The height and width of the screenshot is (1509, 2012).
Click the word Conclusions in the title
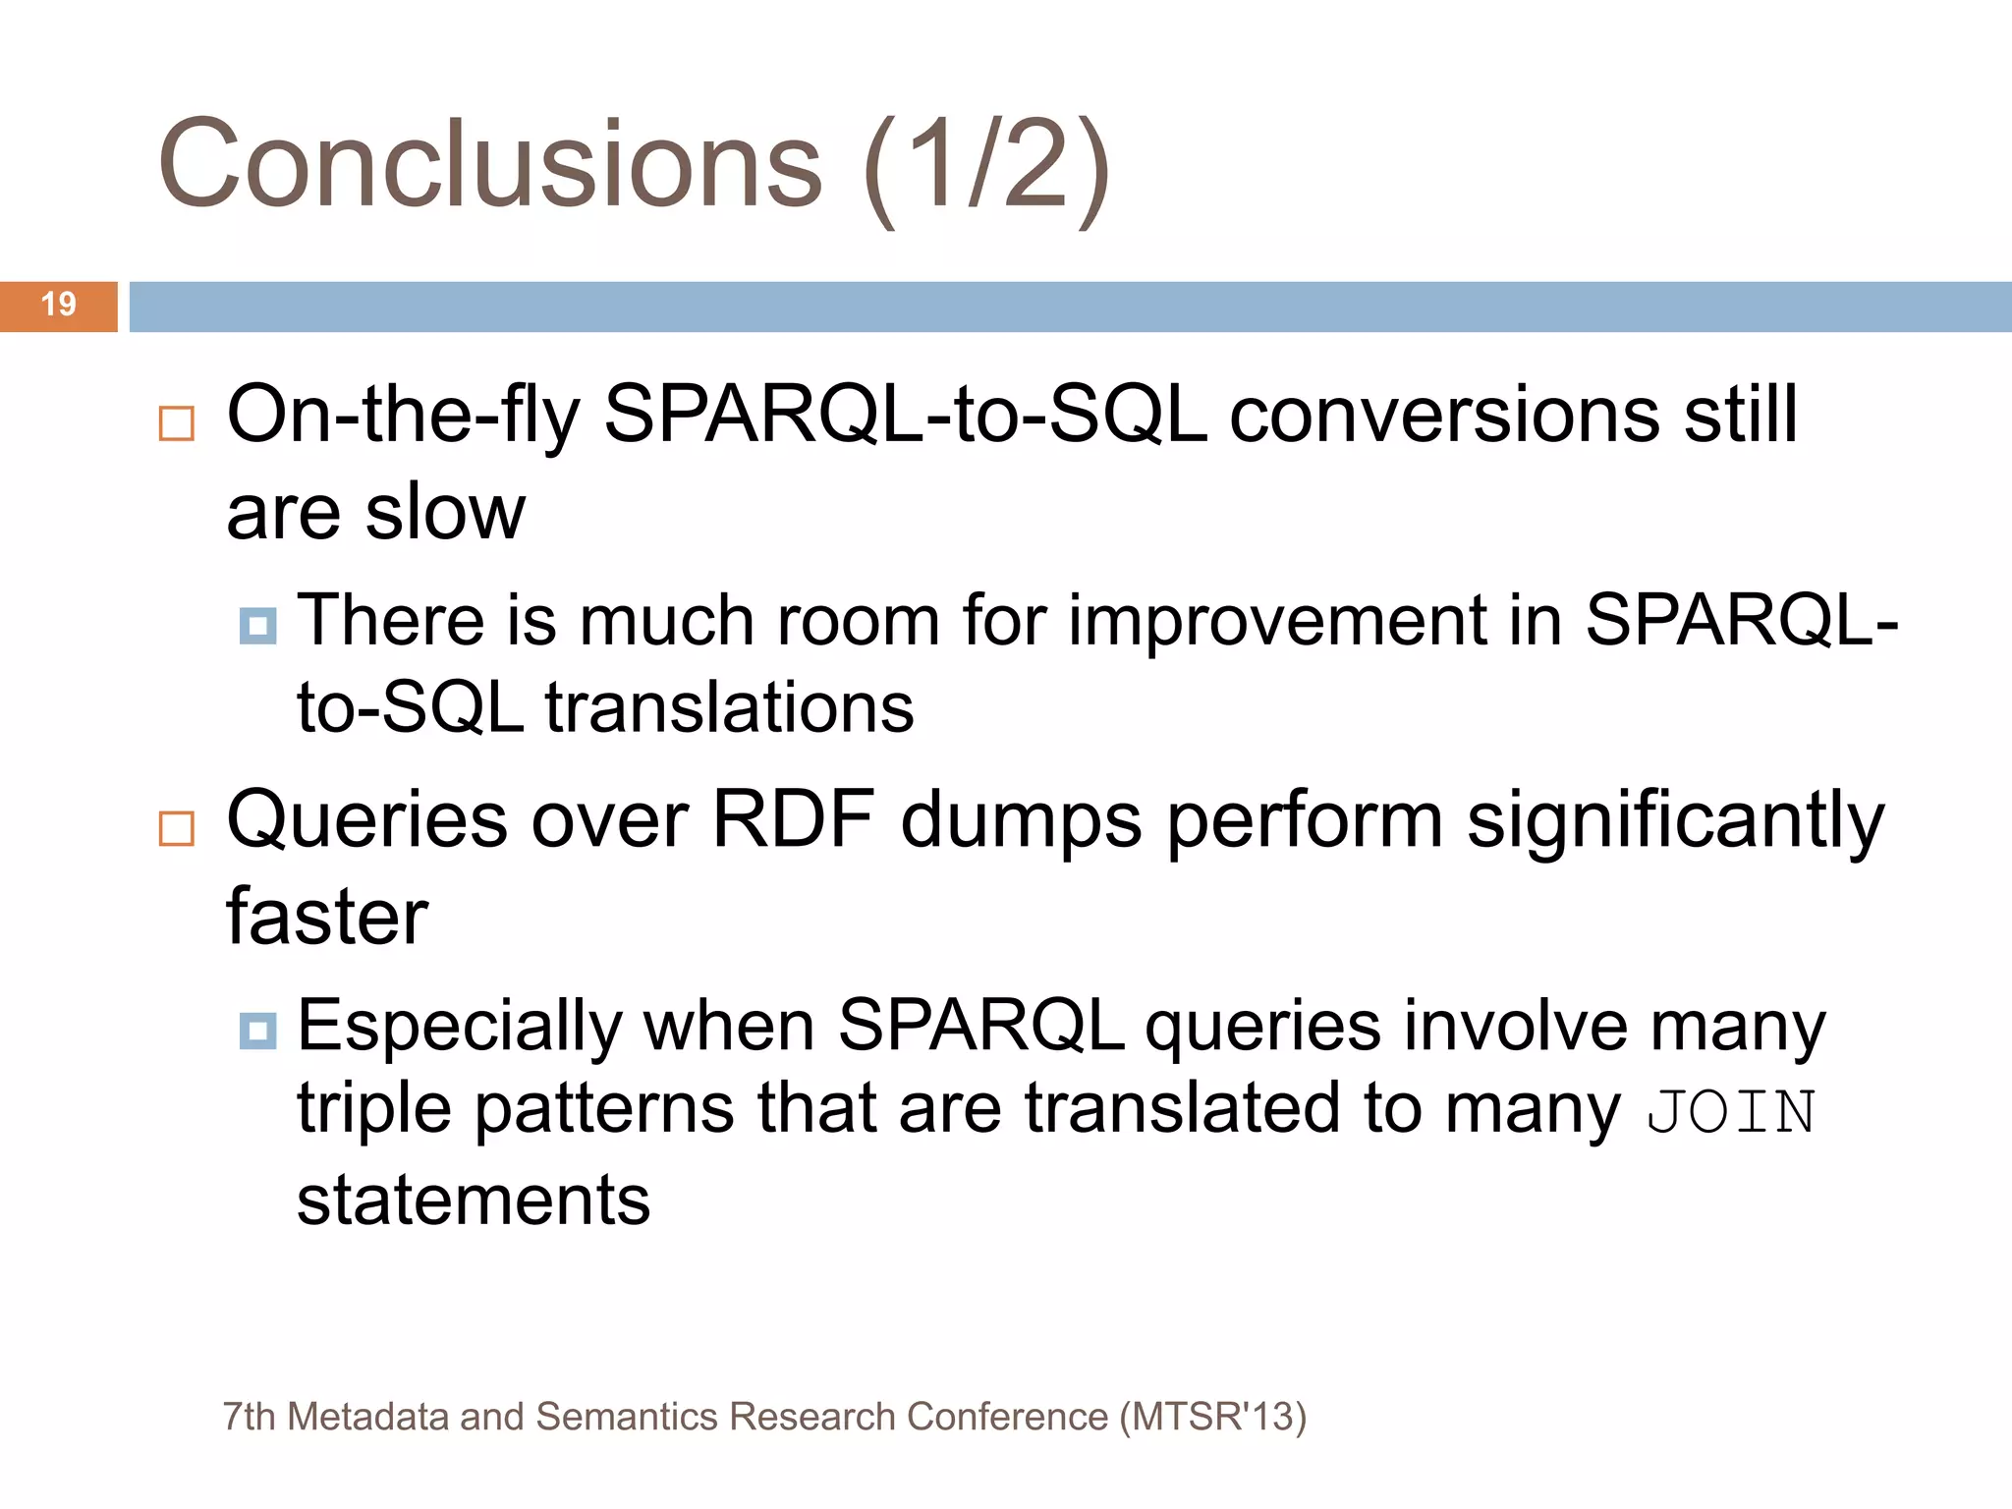489,165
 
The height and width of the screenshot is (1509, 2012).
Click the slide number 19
58,305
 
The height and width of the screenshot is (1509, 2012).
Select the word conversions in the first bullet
1444,416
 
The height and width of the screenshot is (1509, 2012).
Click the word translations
729,707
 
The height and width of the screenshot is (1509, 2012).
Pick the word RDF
792,819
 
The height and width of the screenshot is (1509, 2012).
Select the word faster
327,917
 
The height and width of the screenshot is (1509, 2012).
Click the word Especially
459,1028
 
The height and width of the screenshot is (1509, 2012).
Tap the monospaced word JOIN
1731,1112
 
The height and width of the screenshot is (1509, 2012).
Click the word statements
474,1201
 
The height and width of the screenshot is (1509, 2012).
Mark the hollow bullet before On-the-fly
177,423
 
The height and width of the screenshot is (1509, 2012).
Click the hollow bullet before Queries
177,828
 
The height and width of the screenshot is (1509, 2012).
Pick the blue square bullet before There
257,625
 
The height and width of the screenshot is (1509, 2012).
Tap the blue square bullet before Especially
257,1031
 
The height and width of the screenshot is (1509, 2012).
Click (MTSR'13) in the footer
1212,1417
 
